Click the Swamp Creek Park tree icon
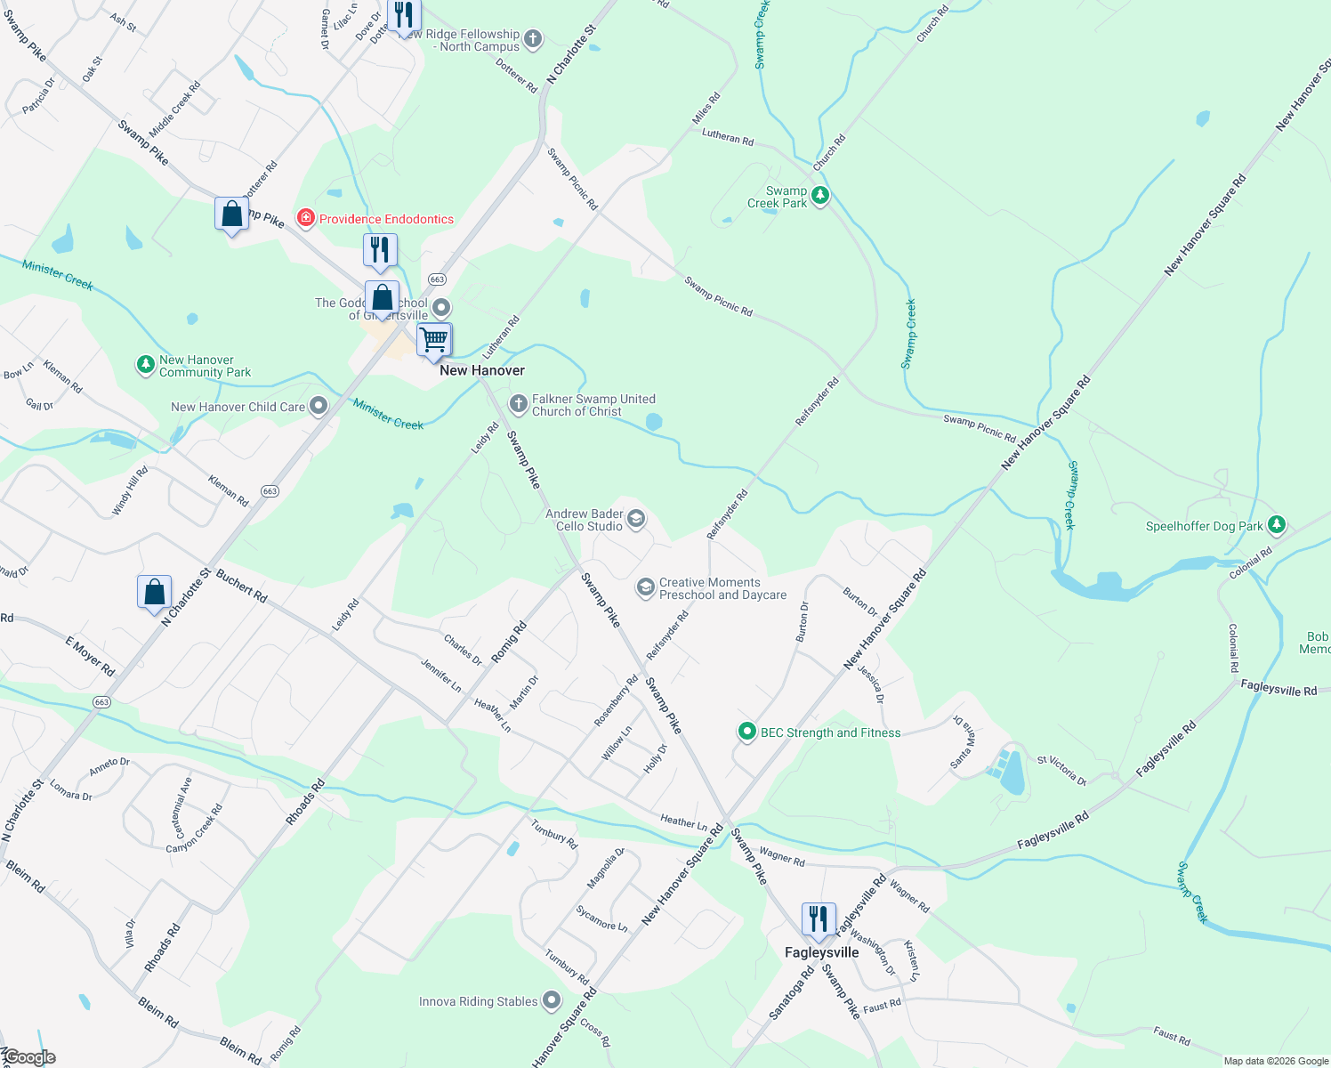pos(820,195)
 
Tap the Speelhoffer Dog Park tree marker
pos(1277,525)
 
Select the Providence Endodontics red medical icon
pos(306,218)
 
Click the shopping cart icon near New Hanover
pos(434,339)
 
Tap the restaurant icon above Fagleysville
pos(818,918)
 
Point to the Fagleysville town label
pos(821,952)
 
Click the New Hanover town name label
pos(482,370)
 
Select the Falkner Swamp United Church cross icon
pos(518,405)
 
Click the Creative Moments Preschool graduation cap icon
pos(645,587)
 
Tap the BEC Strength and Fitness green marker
pos(747,732)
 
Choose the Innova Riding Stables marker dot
pos(552,1000)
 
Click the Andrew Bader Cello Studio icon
pos(635,519)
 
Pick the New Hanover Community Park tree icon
pos(145,365)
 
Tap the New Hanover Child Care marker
pos(319,407)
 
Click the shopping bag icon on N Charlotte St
pos(154,592)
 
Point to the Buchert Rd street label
pos(241,587)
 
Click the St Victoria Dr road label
pos(1061,771)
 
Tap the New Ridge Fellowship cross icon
pos(533,39)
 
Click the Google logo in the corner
pos(29,1057)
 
